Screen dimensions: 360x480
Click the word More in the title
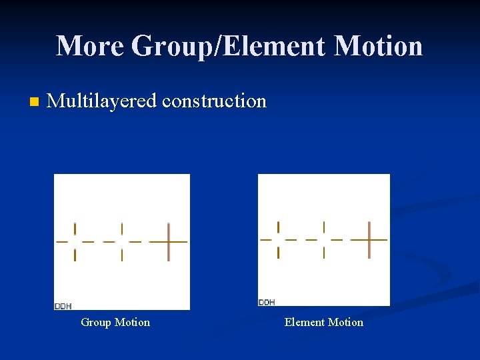pos(90,46)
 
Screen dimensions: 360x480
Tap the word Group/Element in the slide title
pos(229,46)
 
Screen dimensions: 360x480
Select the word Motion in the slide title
pos(378,46)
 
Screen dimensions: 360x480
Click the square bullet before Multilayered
pos(34,103)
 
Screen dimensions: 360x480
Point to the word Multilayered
pos(102,101)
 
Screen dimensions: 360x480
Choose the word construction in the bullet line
pos(214,101)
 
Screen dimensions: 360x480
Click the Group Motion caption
pos(115,323)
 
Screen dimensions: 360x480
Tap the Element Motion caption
pos(324,323)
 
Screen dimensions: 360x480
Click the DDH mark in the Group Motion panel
pos(63,306)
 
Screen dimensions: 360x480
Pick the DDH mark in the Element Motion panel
pos(267,302)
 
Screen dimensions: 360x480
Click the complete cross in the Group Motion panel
pos(169,241)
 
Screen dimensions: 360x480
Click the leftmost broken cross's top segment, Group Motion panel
pos(75,228)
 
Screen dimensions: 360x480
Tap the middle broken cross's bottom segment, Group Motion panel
pos(121,255)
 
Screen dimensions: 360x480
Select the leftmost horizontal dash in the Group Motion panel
pos(62,241)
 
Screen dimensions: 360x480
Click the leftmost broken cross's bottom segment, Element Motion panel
pos(278,252)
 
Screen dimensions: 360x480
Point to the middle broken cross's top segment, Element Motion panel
pos(324,226)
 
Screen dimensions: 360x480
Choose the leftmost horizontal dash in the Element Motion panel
pos(265,239)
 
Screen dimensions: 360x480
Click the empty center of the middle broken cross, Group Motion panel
pos(121,241)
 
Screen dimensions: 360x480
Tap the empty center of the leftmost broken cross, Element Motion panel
pos(278,239)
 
